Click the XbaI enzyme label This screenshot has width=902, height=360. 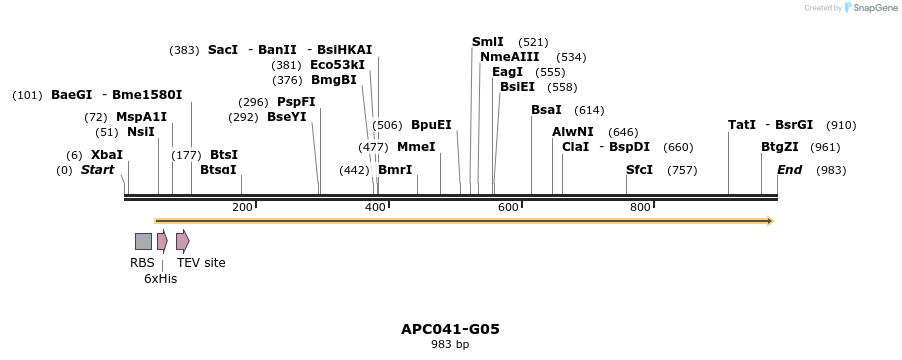[107, 155]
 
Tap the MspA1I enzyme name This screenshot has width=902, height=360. [141, 117]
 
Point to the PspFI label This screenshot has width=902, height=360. [296, 102]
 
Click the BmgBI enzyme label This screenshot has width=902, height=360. [334, 80]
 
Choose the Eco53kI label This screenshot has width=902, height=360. [337, 65]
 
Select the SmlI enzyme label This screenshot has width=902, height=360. [488, 42]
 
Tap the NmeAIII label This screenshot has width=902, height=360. [510, 57]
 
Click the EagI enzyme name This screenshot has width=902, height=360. [508, 72]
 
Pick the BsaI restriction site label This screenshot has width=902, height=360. [546, 110]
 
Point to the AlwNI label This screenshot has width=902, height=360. [573, 132]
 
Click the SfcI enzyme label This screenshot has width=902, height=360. [639, 170]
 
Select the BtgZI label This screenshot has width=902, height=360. [780, 147]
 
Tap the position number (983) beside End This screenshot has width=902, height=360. [831, 170]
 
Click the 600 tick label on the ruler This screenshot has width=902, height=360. [508, 207]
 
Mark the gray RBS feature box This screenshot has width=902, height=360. [143, 241]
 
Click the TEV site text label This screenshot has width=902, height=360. [201, 263]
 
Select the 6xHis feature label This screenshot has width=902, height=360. [160, 279]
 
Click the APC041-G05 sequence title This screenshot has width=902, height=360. [450, 328]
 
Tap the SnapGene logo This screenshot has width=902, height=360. [871, 8]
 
